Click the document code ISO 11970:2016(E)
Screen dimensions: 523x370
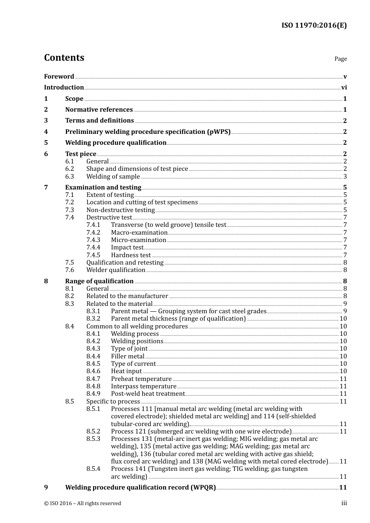(314, 26)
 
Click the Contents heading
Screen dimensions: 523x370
(64, 58)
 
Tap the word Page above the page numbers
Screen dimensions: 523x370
(340, 59)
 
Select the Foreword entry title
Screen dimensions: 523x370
(59, 77)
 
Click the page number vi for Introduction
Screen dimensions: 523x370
(344, 88)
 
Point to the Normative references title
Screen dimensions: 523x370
(99, 110)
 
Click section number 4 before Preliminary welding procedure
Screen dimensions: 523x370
(46, 132)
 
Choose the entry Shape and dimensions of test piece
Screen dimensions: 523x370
(137, 169)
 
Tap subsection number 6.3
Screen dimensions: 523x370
(70, 177)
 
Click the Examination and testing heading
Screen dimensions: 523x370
(103, 188)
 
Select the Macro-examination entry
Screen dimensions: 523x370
(139, 233)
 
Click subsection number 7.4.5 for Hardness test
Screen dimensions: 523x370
(93, 255)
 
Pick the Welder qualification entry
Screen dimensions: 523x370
(116, 270)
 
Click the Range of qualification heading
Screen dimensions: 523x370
(99, 281)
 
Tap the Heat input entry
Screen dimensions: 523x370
(126, 371)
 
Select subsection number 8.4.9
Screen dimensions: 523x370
(93, 394)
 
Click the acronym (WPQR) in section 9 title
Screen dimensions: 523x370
(203, 488)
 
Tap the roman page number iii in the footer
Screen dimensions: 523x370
(344, 503)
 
